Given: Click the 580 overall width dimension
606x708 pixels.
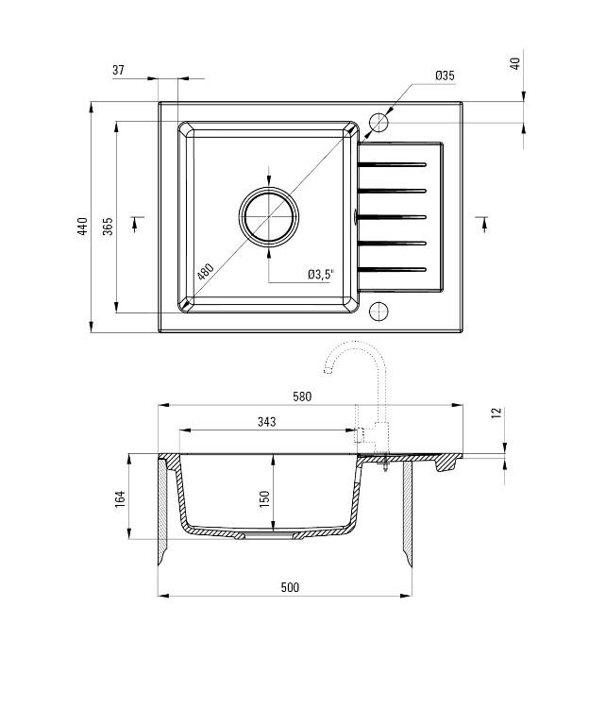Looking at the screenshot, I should click(301, 396).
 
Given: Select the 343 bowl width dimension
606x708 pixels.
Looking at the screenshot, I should click(266, 422).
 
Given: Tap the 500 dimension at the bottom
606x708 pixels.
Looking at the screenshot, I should click(290, 587).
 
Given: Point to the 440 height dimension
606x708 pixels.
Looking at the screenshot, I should click(83, 227).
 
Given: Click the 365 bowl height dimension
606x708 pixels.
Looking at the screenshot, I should click(108, 227).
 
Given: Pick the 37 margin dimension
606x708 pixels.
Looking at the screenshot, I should click(118, 71).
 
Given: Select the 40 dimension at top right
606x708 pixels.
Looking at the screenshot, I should click(514, 63).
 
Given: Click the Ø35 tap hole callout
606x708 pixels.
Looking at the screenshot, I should click(446, 76).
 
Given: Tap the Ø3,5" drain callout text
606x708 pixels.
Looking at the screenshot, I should click(320, 275).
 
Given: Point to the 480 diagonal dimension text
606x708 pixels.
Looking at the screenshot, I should click(206, 272).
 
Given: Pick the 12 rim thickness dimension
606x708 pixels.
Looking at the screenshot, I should click(497, 413).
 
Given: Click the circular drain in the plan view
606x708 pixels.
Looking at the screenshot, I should click(270, 215).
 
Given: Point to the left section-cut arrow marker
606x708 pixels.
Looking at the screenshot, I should click(138, 222).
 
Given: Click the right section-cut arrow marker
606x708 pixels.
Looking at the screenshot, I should click(482, 222).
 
